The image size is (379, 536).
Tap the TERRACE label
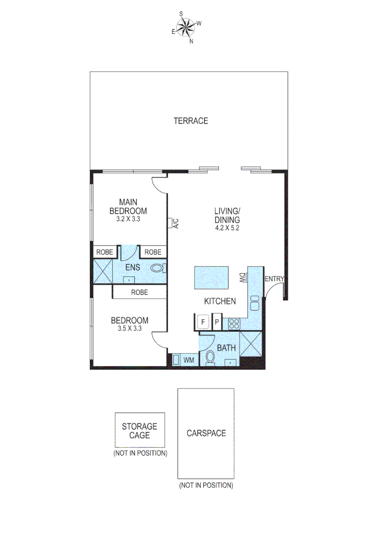[190, 121]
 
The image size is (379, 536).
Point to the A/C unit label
[176, 224]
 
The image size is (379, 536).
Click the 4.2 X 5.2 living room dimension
[227, 228]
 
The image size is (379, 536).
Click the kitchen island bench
[211, 278]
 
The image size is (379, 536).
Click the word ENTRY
[274, 279]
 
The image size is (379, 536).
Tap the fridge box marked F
[202, 322]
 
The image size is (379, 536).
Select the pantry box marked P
[217, 322]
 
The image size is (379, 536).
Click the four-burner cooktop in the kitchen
[234, 324]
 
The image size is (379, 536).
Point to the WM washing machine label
[189, 359]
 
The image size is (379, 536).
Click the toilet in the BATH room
[210, 357]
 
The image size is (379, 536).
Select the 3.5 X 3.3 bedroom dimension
[129, 328]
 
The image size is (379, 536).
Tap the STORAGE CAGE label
[139, 431]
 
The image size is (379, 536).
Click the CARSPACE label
[206, 433]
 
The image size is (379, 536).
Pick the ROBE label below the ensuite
[139, 292]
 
